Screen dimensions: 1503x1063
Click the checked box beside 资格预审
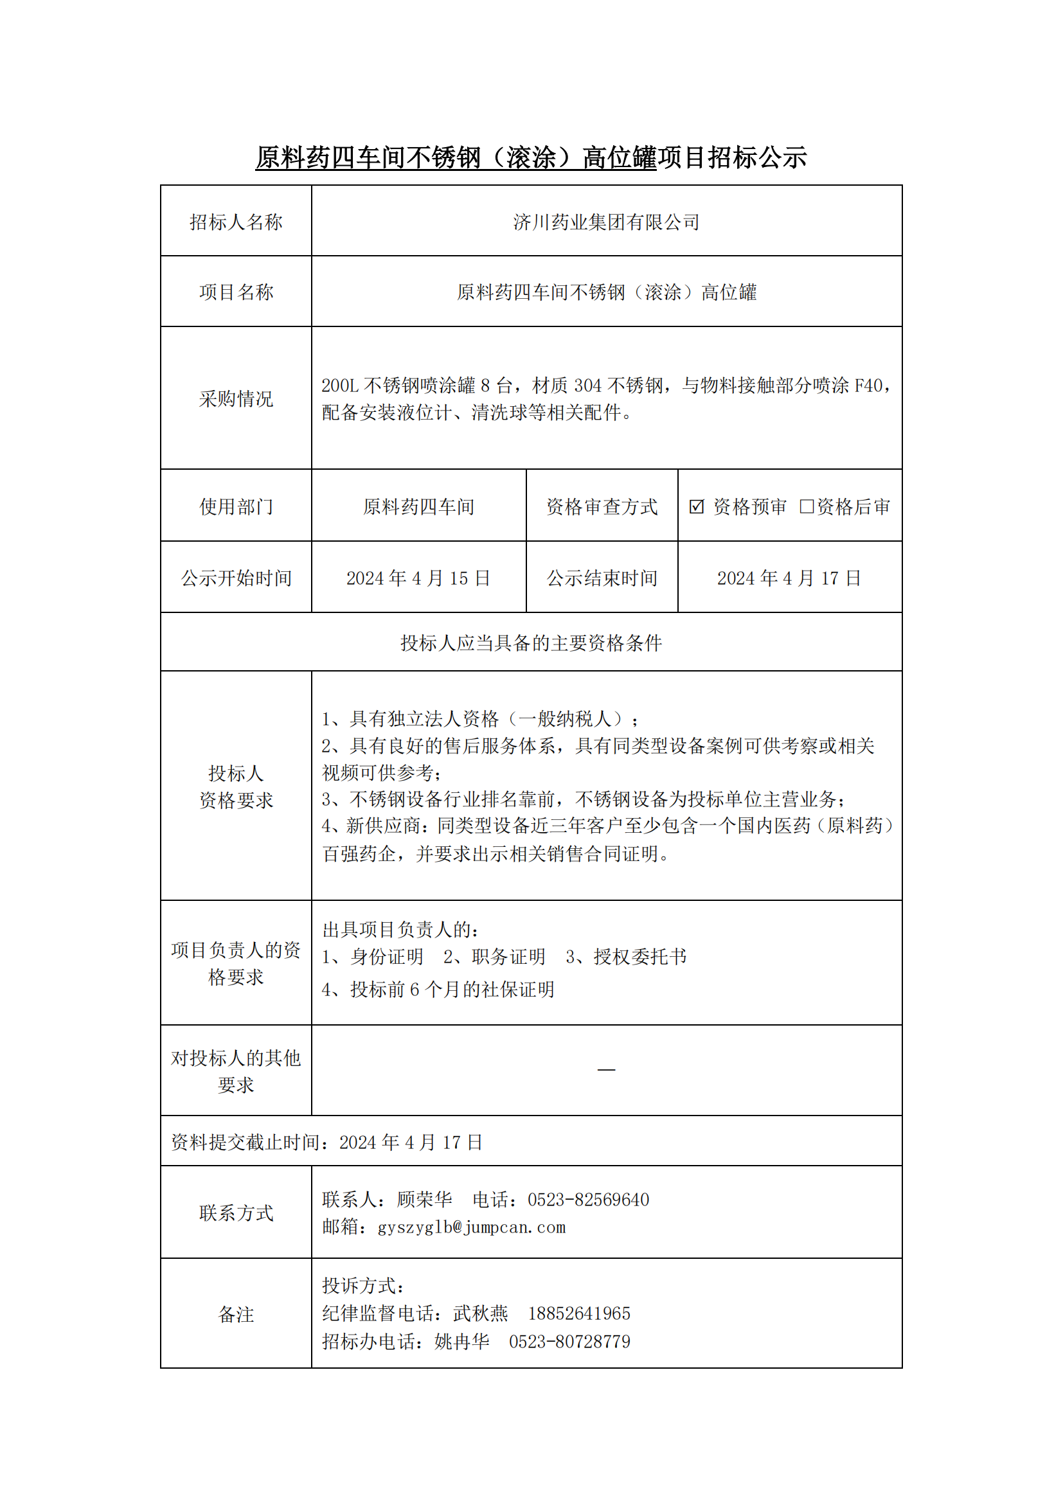(697, 506)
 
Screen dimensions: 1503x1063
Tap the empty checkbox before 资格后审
(807, 506)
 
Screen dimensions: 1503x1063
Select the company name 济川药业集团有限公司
(606, 222)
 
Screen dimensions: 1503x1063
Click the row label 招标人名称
(236, 222)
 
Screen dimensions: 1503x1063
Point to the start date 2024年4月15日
(418, 578)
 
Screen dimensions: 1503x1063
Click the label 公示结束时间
(602, 578)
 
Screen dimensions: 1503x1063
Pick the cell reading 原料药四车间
(418, 506)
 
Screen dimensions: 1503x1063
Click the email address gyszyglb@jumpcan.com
(471, 1227)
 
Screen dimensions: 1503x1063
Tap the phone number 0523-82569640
(589, 1200)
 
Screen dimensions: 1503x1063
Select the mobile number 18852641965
(579, 1313)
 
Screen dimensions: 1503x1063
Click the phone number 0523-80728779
(569, 1341)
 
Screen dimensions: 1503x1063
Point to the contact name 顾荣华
(424, 1200)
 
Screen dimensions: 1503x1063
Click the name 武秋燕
(481, 1313)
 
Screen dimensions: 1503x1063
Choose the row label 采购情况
(236, 398)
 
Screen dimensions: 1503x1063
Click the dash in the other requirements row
(606, 1070)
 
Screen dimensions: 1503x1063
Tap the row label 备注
(236, 1314)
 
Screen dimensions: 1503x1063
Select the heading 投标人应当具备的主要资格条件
(531, 643)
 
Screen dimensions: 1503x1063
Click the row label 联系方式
(236, 1213)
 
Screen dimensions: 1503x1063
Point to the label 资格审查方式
(602, 506)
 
